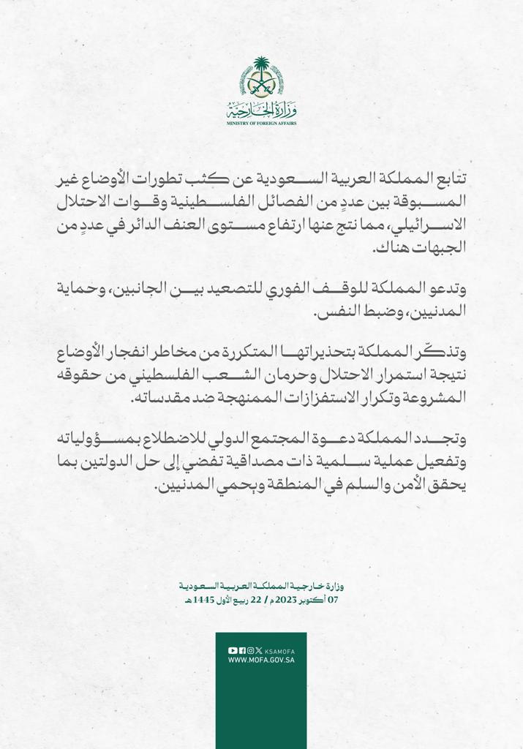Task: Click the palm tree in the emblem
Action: click(261, 72)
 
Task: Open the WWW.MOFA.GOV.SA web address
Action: click(261, 660)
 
